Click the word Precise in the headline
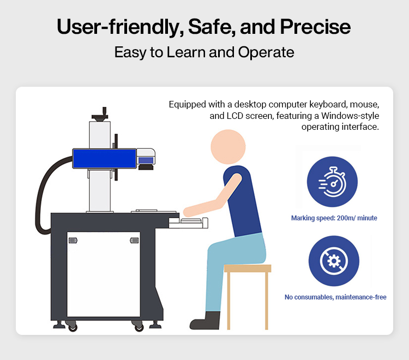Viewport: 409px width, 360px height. pos(315,27)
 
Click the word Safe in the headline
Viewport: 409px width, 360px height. pos(212,27)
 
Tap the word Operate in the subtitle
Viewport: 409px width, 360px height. pos(266,52)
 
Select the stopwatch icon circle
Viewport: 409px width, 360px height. pos(332,182)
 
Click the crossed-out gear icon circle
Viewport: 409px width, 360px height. pos(334,261)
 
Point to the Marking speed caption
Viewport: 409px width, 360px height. pos(334,218)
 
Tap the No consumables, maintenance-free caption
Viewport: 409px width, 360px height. pos(335,297)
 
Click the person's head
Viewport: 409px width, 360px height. pos(228,147)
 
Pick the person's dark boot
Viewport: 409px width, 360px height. pos(205,320)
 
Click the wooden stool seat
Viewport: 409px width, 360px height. pos(248,268)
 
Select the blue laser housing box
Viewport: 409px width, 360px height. pos(104,159)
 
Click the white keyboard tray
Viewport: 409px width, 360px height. pos(188,223)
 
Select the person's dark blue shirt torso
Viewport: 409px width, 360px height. pos(243,201)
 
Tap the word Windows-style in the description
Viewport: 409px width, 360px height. pos(350,116)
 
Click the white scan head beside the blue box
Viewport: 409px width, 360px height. pos(146,157)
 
